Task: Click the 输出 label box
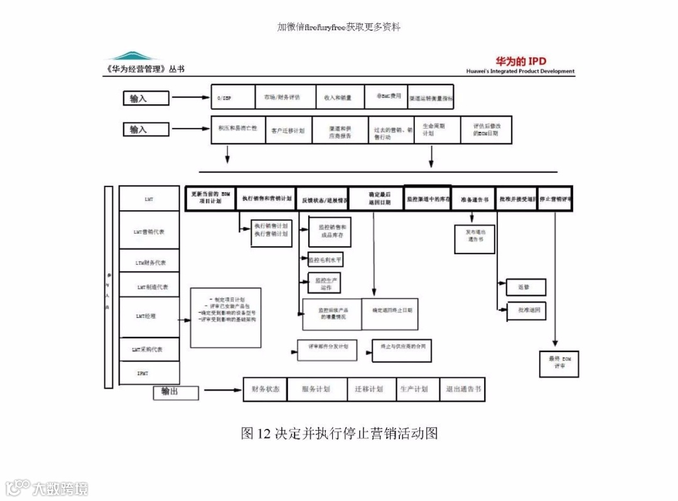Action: (x=176, y=393)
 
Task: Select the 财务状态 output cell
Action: (x=266, y=389)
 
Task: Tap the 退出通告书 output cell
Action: (x=463, y=389)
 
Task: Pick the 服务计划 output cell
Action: (x=316, y=389)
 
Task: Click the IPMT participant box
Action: (x=149, y=374)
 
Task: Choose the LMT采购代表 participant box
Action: (x=149, y=349)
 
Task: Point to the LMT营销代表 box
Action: (x=149, y=232)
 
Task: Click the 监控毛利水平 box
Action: (x=326, y=259)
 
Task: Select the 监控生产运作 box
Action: (x=325, y=283)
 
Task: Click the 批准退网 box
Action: (x=526, y=311)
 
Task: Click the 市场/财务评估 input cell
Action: (x=285, y=97)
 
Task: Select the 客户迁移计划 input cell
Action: (x=288, y=131)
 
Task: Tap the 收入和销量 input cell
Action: (x=340, y=97)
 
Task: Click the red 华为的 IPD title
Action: (x=521, y=62)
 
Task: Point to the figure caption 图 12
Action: (x=339, y=433)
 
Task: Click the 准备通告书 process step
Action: (x=474, y=199)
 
